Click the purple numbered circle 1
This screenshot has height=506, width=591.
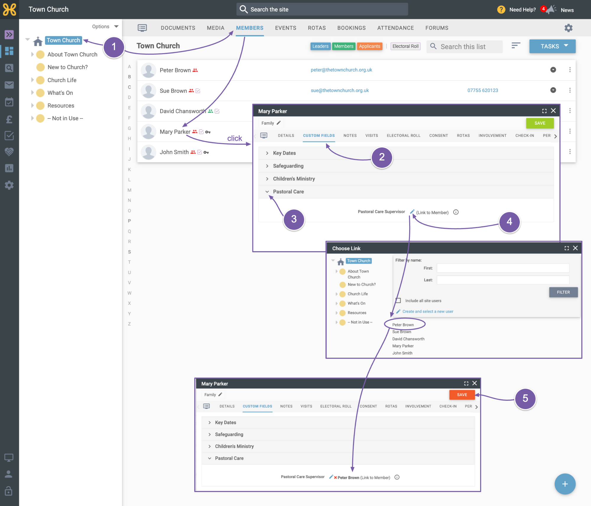(114, 47)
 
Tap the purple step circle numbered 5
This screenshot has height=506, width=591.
(525, 398)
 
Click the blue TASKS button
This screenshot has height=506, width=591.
(552, 46)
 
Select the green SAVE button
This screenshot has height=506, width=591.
(540, 123)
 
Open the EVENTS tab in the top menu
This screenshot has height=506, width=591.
(285, 28)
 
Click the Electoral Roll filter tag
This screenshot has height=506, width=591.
(405, 46)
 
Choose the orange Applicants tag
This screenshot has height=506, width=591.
(369, 46)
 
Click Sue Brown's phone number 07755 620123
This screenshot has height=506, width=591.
(483, 90)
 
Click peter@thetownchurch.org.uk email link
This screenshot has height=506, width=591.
(341, 70)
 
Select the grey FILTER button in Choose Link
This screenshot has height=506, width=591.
(563, 292)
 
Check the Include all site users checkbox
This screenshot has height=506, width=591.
(398, 301)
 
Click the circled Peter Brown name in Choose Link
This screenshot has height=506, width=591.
(403, 325)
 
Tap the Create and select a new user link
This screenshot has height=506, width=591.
(428, 311)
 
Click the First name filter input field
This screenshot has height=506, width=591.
(503, 268)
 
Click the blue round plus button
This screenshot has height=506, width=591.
(565, 484)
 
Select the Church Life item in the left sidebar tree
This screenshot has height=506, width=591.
(62, 80)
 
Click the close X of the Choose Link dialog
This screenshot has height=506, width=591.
(575, 248)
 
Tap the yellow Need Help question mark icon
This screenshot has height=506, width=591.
(501, 10)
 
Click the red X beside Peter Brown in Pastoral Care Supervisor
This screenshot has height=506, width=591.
(335, 478)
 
